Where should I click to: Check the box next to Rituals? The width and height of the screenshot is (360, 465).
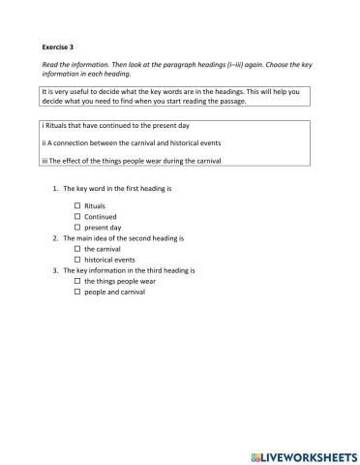[77, 206]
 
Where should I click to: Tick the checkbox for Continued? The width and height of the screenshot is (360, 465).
[77, 217]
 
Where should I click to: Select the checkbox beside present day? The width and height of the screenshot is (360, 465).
[77, 227]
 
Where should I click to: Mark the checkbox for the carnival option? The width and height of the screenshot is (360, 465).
[77, 249]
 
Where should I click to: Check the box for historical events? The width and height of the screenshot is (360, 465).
[77, 260]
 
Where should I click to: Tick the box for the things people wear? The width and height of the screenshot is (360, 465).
[77, 281]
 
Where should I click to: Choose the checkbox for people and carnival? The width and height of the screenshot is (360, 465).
[77, 292]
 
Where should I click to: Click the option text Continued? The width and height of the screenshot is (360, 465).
[101, 217]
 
